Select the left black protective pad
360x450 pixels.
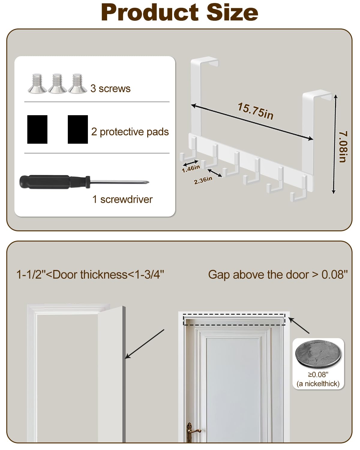37,129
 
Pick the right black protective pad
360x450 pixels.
78,129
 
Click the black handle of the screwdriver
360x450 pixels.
45,182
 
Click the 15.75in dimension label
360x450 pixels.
255,111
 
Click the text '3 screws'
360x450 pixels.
110,88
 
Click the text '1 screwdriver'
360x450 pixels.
122,199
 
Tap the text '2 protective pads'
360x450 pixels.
130,132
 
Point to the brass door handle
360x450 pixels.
192,430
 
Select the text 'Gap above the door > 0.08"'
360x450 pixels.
278,274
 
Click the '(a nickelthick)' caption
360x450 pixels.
318,384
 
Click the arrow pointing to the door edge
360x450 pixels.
145,344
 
